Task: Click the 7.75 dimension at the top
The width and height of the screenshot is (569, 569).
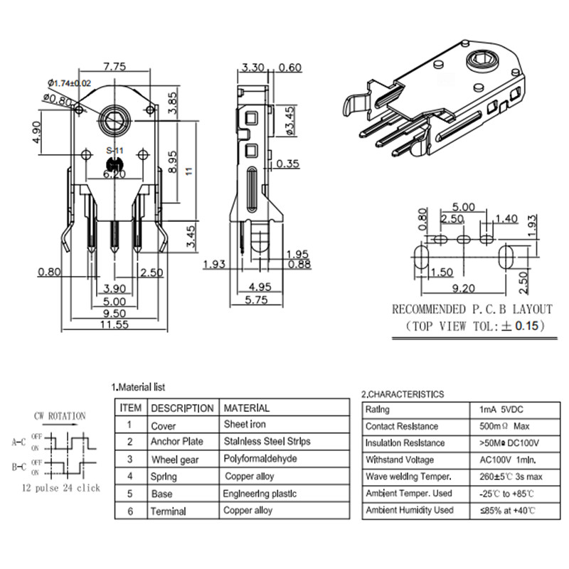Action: coord(115,67)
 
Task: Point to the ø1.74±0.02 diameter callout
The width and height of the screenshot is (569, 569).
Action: coord(70,83)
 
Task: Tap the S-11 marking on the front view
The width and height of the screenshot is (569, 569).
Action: coord(115,151)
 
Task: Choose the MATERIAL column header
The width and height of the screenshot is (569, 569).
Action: coord(247,408)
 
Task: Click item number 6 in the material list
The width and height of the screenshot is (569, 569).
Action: coord(129,511)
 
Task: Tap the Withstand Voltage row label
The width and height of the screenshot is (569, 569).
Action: coord(403,459)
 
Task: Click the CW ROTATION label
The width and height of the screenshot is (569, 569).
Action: coord(59,416)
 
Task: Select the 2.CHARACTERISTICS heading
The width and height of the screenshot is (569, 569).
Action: coord(403,393)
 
